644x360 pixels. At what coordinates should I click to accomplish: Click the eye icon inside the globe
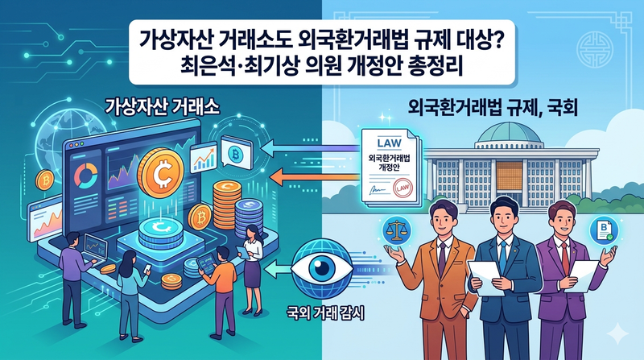[x=321, y=268]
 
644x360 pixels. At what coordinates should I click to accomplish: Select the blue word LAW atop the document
[x=389, y=143]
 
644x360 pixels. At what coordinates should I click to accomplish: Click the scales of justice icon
[x=394, y=231]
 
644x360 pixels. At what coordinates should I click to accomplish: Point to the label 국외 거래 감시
[x=325, y=314]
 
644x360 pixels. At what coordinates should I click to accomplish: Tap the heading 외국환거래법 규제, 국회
[x=493, y=107]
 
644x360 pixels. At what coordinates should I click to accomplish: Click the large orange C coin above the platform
[x=160, y=172]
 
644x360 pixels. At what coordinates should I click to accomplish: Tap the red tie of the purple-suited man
[x=565, y=259]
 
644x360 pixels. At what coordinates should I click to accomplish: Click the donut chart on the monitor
[x=86, y=175]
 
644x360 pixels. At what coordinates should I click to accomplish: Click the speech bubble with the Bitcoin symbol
[x=235, y=152]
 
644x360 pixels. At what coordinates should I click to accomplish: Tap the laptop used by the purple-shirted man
[x=95, y=249]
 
